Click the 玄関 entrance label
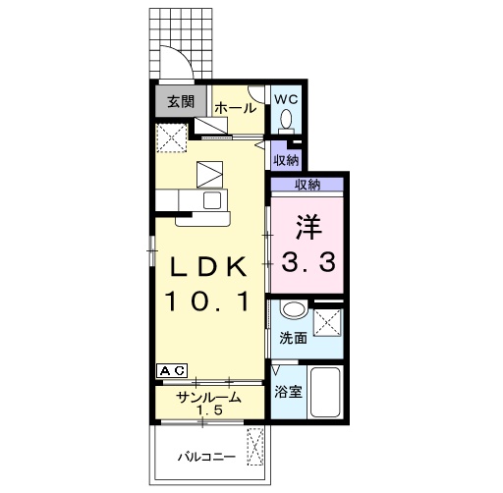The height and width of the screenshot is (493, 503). [181, 101]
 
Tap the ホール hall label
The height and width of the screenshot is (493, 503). [236, 108]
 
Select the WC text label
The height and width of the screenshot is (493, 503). [286, 99]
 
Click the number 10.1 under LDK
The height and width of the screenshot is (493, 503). [208, 301]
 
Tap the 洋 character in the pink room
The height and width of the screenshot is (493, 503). [308, 227]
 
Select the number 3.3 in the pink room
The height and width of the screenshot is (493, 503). [308, 261]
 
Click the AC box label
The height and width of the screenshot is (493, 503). [172, 371]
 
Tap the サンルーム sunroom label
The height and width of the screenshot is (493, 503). [208, 398]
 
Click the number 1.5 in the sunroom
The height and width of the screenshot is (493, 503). [209, 410]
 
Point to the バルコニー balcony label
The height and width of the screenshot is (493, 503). [206, 457]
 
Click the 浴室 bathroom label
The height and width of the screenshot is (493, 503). [288, 392]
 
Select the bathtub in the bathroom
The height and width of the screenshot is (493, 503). [325, 392]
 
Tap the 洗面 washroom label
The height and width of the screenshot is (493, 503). [293, 338]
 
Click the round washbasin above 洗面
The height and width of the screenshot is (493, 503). [294, 308]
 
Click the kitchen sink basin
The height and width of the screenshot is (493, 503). [212, 200]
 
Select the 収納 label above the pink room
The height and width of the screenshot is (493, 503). [307, 185]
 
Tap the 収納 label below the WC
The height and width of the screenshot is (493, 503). [286, 160]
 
